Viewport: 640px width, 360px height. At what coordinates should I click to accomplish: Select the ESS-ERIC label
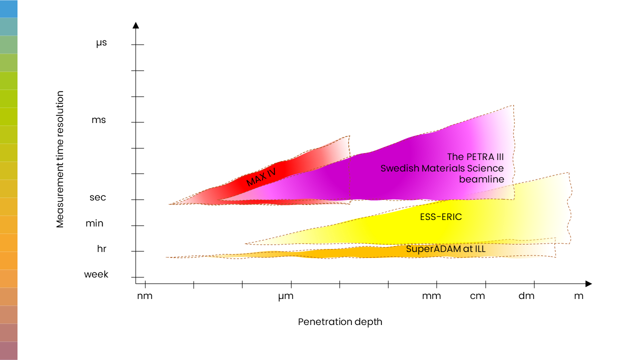[441, 217]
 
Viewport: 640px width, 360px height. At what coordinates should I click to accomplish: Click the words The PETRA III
[475, 157]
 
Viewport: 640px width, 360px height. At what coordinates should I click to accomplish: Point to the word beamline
[481, 179]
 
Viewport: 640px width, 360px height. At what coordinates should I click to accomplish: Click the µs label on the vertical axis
[101, 43]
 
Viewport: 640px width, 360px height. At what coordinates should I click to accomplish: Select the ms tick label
[98, 120]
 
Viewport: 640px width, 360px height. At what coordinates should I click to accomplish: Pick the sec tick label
[97, 197]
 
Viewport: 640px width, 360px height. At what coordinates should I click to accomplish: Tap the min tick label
[94, 223]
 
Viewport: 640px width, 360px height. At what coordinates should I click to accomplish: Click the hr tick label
[102, 248]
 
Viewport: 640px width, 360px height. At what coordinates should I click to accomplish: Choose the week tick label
[96, 274]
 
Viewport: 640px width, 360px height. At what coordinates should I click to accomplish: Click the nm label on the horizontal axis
[145, 296]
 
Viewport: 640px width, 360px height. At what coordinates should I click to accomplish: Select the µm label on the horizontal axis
[285, 296]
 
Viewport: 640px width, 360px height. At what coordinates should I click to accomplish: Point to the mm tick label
[431, 296]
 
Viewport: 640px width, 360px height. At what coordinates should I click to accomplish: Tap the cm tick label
[477, 296]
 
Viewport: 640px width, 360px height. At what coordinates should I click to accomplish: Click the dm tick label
[526, 296]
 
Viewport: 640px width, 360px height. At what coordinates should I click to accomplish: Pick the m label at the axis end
[578, 296]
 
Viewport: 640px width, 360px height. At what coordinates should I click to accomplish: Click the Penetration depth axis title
[340, 322]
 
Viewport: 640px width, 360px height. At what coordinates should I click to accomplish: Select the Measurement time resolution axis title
[60, 159]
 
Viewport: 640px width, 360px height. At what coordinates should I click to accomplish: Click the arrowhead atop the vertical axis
[136, 24]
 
